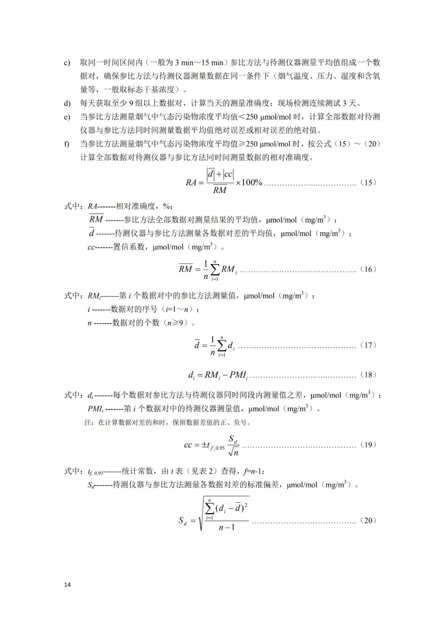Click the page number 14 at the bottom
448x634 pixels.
(x=68, y=585)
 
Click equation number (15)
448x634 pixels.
(x=368, y=182)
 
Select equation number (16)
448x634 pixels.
(x=368, y=269)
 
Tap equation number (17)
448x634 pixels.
(x=368, y=345)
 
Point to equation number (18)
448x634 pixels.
(x=368, y=375)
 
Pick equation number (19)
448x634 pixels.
(x=368, y=445)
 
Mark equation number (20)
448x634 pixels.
(x=368, y=520)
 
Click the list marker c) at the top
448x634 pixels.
(x=67, y=63)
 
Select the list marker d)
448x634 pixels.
(x=67, y=103)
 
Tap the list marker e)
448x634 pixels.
(x=67, y=117)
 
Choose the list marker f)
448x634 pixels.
(x=66, y=144)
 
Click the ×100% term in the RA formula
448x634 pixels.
(x=249, y=182)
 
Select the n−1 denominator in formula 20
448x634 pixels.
(x=226, y=527)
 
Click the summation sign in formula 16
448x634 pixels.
(x=215, y=269)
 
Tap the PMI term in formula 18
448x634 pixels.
(x=239, y=375)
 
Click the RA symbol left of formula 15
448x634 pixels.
(x=191, y=182)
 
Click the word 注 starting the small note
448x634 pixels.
(x=88, y=423)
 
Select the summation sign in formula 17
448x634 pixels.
(x=222, y=345)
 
